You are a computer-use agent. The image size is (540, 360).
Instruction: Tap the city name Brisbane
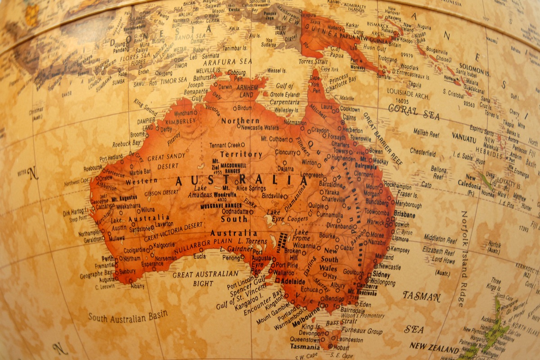pos(404,215)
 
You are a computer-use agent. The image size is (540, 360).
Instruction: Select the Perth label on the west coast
pos(108,259)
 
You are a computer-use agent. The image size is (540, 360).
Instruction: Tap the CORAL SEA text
pos(414,112)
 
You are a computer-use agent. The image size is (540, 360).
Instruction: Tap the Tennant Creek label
pos(225,145)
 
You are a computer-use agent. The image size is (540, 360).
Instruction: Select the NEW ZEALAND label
pos(434,347)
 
